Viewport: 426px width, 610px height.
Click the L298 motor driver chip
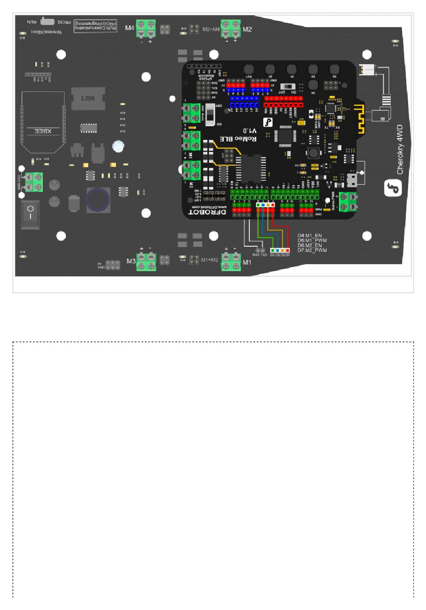click(x=88, y=98)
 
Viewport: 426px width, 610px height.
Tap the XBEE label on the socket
click(x=43, y=131)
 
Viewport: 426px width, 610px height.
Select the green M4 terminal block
click(x=146, y=30)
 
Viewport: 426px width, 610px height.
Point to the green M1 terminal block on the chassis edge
click(x=231, y=261)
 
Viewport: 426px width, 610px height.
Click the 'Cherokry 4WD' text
click(x=400, y=149)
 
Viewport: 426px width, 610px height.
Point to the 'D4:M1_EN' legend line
click(x=309, y=235)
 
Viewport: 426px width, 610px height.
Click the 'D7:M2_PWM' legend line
click(x=312, y=250)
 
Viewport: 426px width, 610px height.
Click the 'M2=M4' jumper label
click(x=211, y=30)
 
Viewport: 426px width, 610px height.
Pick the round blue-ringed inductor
click(x=98, y=200)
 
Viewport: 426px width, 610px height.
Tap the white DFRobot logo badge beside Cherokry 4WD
click(x=393, y=188)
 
